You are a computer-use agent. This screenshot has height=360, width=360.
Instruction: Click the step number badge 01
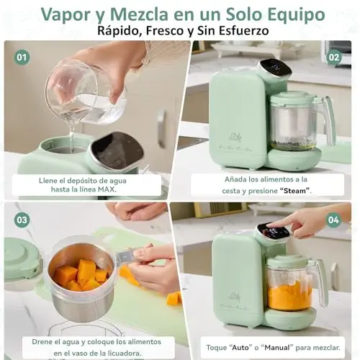22,58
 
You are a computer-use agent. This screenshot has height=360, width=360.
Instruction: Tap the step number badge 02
334,58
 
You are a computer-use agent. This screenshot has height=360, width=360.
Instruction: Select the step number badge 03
22,220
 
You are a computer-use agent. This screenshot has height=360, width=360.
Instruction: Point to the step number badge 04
333,220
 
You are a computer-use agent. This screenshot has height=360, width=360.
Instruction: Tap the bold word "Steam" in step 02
294,191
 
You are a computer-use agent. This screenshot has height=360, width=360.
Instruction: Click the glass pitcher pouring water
85,92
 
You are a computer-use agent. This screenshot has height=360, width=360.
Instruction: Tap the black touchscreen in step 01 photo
118,150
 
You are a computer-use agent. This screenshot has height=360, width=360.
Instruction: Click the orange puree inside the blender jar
289,296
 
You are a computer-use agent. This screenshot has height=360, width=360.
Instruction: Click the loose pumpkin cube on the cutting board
174,298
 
